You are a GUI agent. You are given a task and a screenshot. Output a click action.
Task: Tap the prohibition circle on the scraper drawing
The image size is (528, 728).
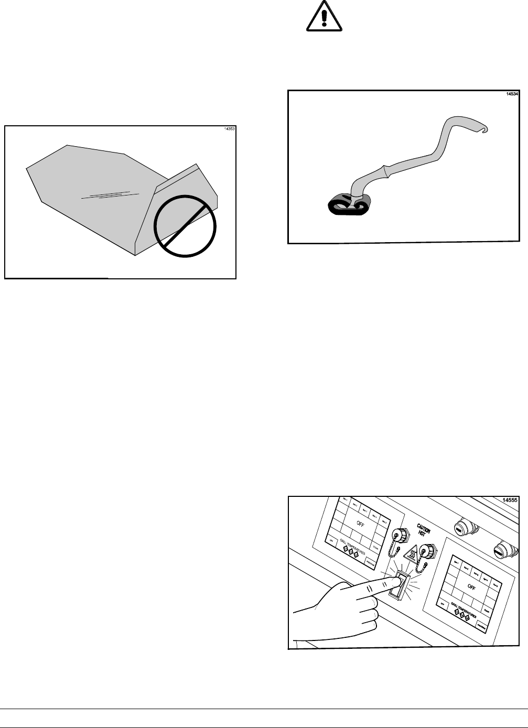point(185,225)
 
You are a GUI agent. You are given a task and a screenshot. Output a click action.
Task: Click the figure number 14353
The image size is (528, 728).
point(229,129)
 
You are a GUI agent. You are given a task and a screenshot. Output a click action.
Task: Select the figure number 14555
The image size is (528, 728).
point(510,500)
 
